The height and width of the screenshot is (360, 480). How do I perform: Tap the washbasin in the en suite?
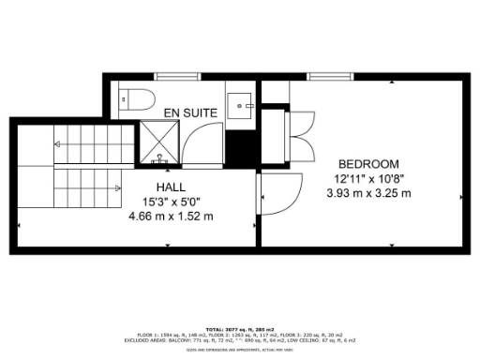[x=241, y=103]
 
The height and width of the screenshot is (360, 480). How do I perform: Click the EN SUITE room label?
[x=191, y=112]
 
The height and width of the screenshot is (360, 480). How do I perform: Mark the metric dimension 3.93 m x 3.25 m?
[x=367, y=193]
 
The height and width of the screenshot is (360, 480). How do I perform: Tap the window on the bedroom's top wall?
[x=326, y=75]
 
